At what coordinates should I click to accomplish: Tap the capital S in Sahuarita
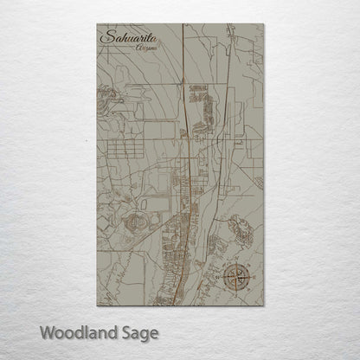[x=106, y=37]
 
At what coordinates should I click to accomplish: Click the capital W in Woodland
[x=48, y=331]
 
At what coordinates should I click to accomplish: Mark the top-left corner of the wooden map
[x=97, y=24]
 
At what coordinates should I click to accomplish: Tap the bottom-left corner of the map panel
[x=97, y=305]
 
